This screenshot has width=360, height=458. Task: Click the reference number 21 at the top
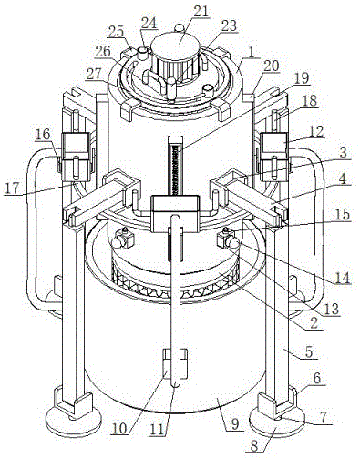pyautogui.click(x=201, y=11)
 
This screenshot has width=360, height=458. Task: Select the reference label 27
pyautogui.click(x=94, y=75)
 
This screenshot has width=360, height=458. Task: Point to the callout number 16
pyautogui.click(x=43, y=134)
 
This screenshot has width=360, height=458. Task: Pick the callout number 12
pyautogui.click(x=315, y=131)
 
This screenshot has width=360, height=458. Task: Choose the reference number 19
pyautogui.click(x=301, y=78)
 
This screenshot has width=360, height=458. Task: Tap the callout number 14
pyautogui.click(x=342, y=278)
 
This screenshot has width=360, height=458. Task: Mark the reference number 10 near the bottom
pyautogui.click(x=120, y=429)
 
